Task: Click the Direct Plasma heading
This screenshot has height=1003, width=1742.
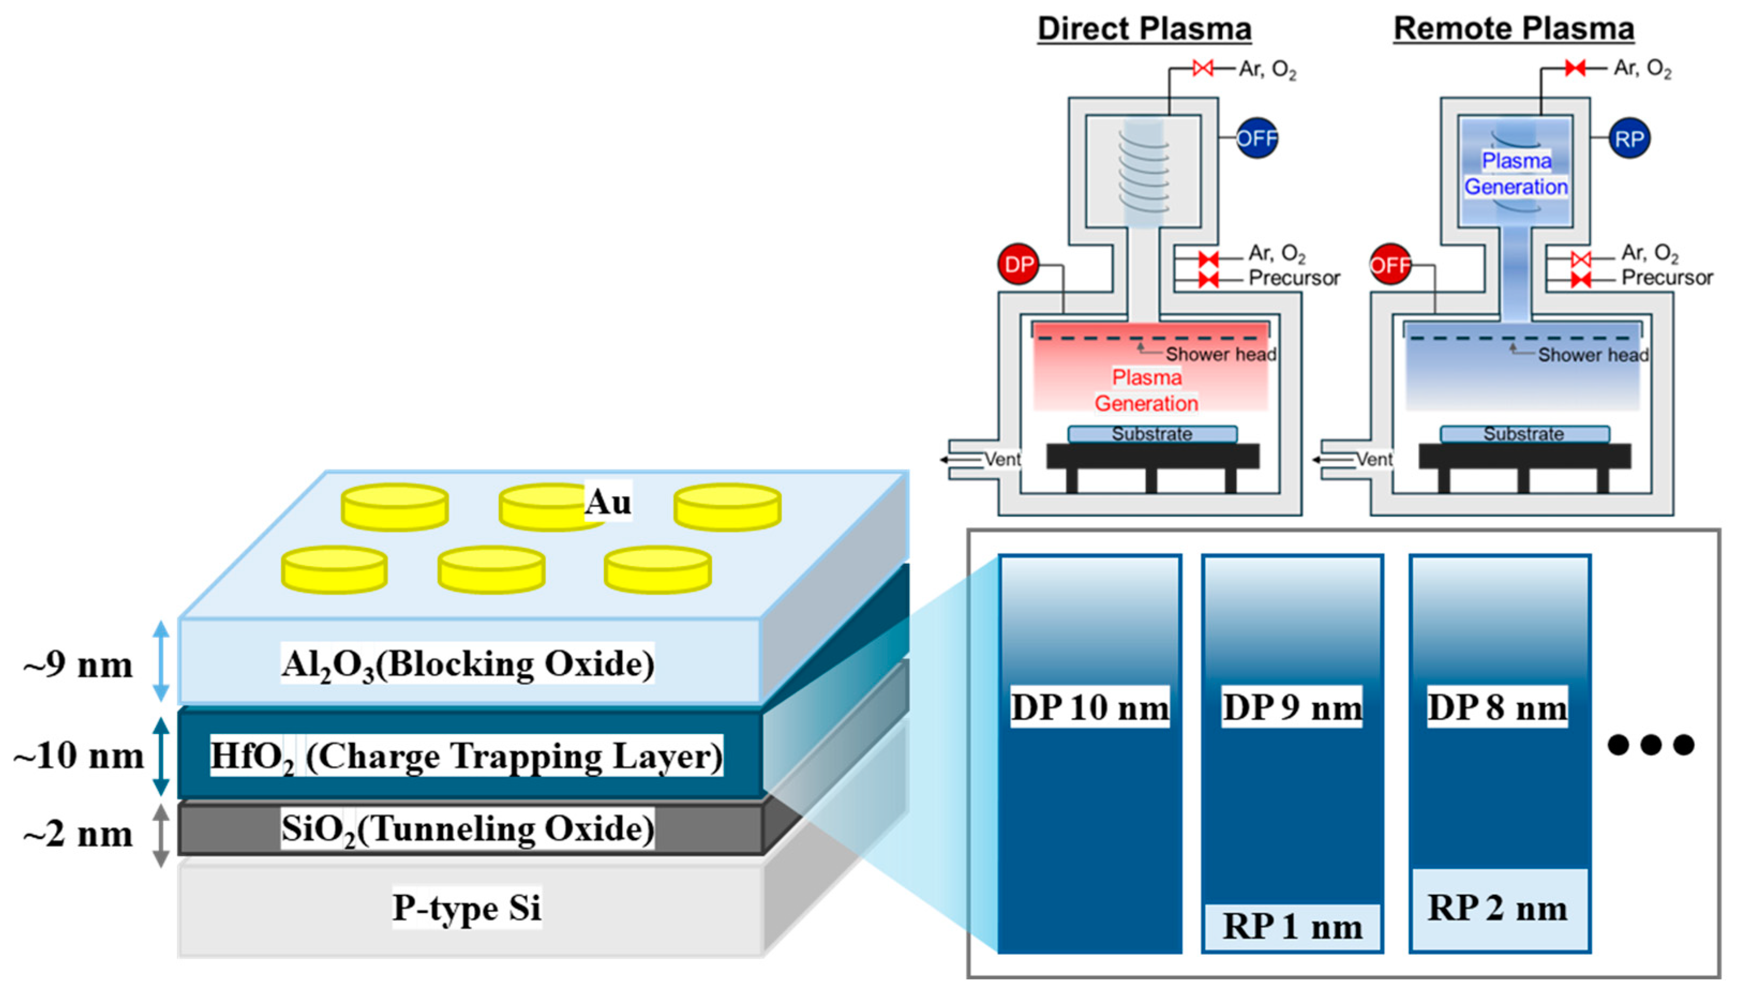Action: pos(1144,29)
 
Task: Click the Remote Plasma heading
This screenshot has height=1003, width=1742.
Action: pos(1513,29)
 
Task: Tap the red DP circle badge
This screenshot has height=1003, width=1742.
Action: pos(1018,264)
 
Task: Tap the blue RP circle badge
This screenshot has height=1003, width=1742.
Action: pos(1629,139)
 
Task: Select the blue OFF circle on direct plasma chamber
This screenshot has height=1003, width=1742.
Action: pos(1256,139)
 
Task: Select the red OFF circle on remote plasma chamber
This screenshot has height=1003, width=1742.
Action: pos(1390,265)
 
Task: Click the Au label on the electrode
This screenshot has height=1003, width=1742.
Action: pos(608,501)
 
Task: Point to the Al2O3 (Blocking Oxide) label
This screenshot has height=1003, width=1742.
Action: pos(467,664)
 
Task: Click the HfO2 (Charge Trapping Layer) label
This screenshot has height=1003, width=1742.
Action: pos(466,756)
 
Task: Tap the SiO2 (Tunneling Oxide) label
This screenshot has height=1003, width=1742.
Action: pos(467,829)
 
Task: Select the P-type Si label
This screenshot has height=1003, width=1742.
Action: pos(467,907)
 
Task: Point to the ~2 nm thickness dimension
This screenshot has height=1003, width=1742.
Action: pos(77,834)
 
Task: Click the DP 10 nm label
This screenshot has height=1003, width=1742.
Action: pos(1089,707)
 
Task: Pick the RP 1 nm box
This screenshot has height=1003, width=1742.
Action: pos(1292,927)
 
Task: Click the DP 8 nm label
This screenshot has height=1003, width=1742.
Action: pos(1497,707)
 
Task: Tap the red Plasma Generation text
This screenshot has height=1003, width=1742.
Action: pos(1147,390)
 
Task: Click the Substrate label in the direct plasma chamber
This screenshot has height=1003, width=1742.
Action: pos(1152,434)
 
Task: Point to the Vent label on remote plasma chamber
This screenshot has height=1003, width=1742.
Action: pos(1373,459)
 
